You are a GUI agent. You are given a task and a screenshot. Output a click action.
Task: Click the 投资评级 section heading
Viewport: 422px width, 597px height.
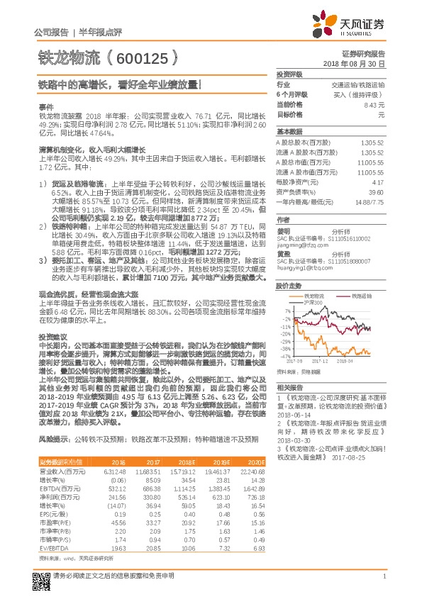(289, 74)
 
